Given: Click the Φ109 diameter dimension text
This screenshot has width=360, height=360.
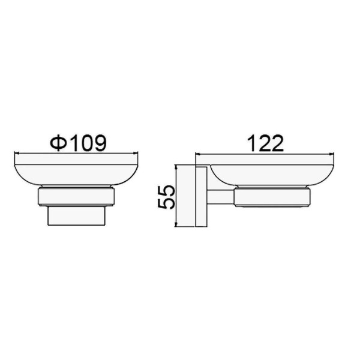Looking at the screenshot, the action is click(79, 143).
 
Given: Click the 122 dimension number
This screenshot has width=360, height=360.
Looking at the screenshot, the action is click(265, 143).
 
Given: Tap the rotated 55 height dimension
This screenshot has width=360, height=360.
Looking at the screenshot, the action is click(166, 197).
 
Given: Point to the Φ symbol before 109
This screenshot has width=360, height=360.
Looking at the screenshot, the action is click(59, 143).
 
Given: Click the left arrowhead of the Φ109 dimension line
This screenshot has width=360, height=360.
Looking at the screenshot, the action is click(16, 154).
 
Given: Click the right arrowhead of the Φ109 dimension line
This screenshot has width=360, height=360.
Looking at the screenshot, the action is click(136, 154).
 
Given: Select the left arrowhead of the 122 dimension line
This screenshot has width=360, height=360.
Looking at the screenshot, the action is click(197, 154).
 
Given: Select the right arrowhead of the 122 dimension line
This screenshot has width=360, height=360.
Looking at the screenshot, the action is click(332, 154).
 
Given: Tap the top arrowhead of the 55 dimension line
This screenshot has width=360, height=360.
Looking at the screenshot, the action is click(176, 167).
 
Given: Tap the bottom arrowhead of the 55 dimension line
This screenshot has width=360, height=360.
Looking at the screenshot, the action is click(176, 224).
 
